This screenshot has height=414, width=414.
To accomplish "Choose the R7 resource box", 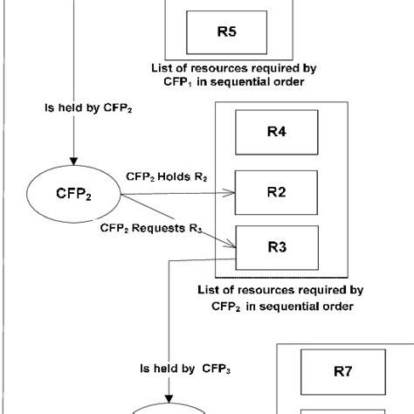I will tap(342, 370).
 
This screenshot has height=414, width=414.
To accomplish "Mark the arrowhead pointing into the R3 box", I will tap(232, 241).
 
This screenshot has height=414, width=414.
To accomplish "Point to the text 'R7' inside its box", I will tap(342, 370).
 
